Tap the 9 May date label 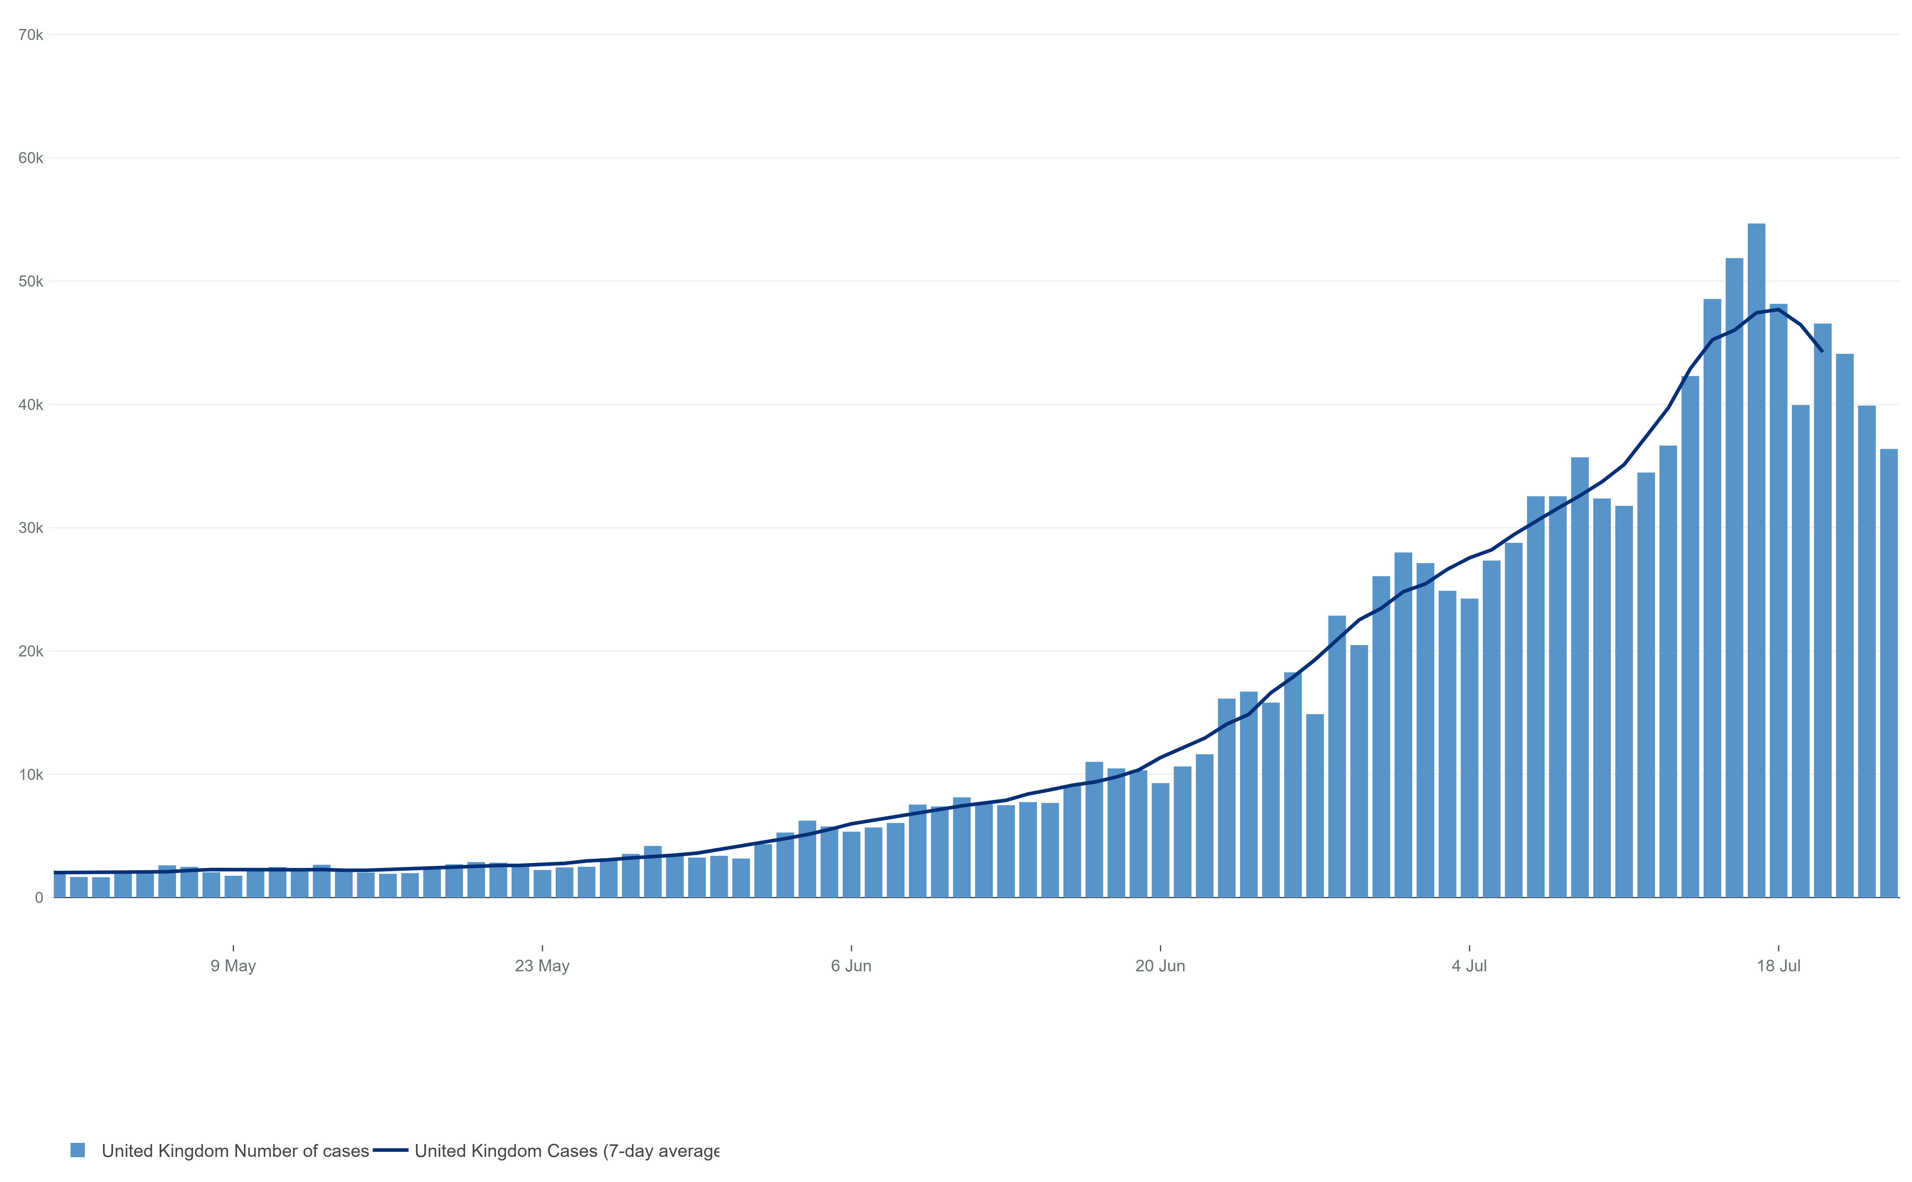click(x=233, y=966)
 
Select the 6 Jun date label click(x=851, y=966)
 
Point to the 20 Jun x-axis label click(x=1160, y=966)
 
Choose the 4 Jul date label click(x=1470, y=966)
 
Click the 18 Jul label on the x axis click(x=1778, y=966)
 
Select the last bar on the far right click(x=1889, y=672)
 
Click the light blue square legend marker click(x=77, y=1150)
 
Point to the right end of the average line click(x=1822, y=351)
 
